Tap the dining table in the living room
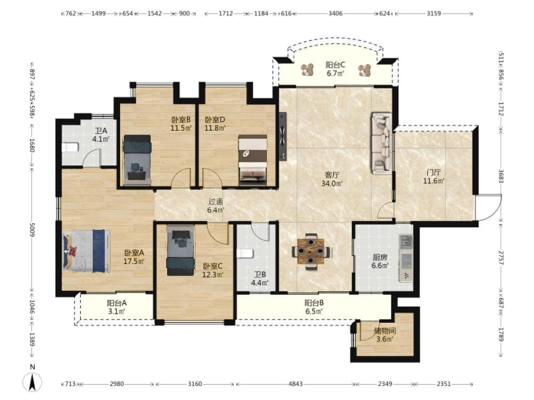coord(311,251)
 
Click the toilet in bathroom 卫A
coord(70,147)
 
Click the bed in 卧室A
coord(87,251)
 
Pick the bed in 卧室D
coord(253,160)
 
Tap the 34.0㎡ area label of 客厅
coord(332,183)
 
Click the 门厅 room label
coord(434,172)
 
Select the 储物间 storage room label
coord(385,331)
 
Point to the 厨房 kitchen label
coord(380,257)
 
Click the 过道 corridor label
coord(216,202)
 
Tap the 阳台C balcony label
coord(335,65)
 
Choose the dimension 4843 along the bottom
coord(295,384)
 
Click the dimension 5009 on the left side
coord(33,230)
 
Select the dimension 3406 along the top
coord(335,14)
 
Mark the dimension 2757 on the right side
coord(501,258)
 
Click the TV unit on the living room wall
coord(282,137)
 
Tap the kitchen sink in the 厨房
coord(406,242)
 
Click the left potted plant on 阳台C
coord(309,70)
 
